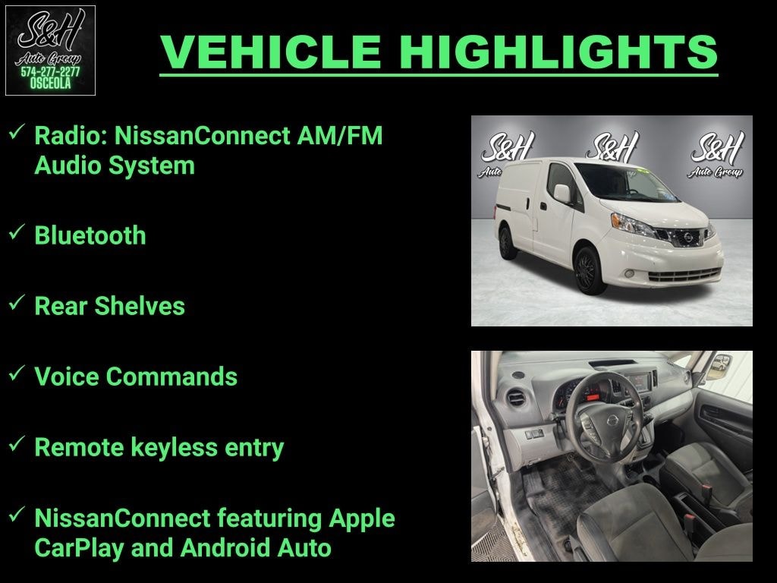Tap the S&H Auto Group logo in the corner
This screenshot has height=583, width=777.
[x=50, y=50]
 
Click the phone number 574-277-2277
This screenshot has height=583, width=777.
[x=50, y=72]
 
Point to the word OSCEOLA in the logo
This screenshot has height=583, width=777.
[x=50, y=84]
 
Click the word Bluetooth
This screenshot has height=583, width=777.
[x=90, y=235]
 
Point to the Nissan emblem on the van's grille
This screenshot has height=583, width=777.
[x=687, y=238]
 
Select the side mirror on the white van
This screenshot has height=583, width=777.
[x=562, y=194]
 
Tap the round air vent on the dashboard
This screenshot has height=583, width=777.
[x=517, y=398]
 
